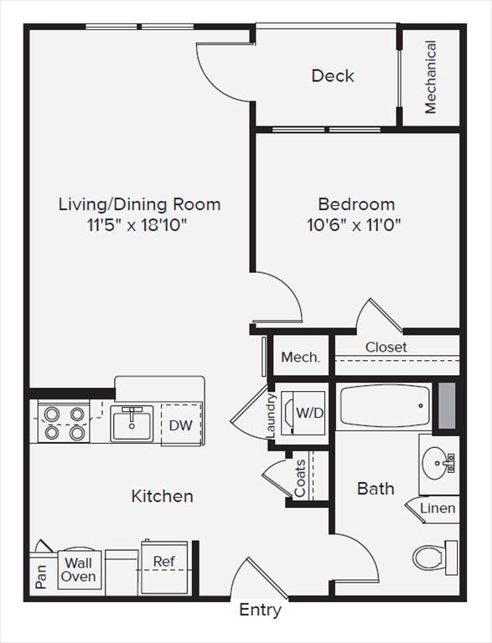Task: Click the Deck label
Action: point(333,76)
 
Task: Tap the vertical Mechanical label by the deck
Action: point(431,77)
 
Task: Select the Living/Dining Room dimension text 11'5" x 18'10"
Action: point(139,224)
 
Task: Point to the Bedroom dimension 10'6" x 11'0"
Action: point(356,224)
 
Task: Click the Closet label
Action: point(386,347)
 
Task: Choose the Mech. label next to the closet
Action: point(300,358)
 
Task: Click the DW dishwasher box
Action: point(181,425)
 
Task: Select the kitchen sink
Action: point(131,424)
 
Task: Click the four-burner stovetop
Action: point(65,423)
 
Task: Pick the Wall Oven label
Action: point(79,570)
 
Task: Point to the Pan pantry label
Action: point(42,576)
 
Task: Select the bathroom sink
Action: point(436,460)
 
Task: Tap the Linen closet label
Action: point(438,508)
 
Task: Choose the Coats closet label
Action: point(300,477)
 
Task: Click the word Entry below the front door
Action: point(260,610)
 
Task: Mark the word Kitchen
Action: point(162,496)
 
